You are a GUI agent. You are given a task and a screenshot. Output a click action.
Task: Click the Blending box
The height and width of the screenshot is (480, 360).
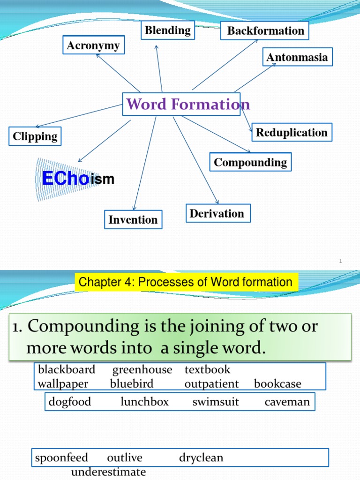pos(167,31)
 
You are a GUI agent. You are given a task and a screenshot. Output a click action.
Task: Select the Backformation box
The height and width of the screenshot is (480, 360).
pos(265,31)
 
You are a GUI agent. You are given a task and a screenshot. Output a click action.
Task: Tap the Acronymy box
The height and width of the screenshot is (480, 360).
pos(93,46)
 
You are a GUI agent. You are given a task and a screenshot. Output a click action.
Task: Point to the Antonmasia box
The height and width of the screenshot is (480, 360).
pos(297,58)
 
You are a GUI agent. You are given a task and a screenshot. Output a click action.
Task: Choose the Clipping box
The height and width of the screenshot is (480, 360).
pos(35,137)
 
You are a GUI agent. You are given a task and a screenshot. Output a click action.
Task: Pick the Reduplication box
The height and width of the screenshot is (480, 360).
pos(292,133)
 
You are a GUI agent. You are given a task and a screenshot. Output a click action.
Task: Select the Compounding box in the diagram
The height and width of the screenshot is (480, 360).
pos(250,163)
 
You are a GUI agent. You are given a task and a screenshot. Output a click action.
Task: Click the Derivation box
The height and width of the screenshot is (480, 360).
pos(217,214)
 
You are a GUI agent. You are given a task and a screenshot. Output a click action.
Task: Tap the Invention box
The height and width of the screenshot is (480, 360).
pos(133,220)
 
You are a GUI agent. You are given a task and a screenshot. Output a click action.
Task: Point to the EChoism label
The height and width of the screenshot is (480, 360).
pos(78,179)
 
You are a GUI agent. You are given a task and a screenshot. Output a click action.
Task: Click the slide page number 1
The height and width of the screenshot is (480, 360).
pos(341,261)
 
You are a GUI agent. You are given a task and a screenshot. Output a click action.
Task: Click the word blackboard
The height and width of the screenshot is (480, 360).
pos(67,369)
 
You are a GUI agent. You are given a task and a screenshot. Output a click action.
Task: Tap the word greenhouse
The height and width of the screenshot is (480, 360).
pos(142,369)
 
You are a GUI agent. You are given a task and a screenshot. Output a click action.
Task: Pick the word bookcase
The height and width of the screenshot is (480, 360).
pos(277,384)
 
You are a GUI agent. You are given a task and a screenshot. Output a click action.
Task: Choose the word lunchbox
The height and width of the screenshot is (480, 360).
pos(144,402)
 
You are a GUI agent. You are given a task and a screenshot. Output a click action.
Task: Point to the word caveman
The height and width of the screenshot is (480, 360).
pos(287,402)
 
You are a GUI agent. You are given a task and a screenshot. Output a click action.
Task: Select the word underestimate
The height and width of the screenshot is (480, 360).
pos(108,472)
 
